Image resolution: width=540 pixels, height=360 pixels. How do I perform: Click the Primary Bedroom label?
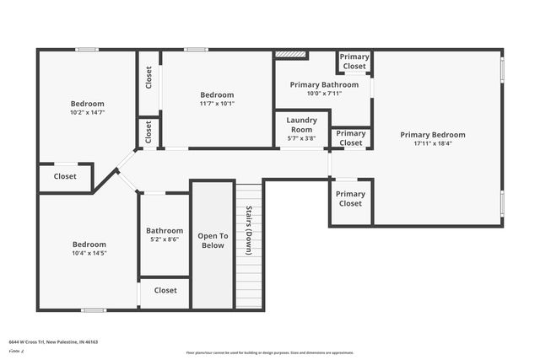432,135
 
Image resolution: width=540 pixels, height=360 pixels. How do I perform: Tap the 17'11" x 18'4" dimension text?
432,144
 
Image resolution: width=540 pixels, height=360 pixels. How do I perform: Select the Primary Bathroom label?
322,85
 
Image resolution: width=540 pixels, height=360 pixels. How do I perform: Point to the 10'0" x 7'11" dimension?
322,94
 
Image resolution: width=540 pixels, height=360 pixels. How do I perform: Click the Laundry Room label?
301,125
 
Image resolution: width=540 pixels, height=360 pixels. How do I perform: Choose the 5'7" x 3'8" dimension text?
301,138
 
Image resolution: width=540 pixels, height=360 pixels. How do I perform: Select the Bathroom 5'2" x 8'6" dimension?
165,239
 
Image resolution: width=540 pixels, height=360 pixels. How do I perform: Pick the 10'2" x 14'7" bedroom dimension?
87,112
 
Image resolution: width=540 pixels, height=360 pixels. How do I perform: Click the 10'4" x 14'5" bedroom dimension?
89,252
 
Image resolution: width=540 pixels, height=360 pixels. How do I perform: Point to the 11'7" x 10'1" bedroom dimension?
217,105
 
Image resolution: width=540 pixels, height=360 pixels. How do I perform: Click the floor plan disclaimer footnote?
270,352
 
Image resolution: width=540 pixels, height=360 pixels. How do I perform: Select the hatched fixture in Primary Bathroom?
292,56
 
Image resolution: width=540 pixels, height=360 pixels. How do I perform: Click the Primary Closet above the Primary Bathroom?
354,62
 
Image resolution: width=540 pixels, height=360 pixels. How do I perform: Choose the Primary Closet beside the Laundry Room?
351,138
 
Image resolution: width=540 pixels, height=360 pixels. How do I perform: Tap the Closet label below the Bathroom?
165,290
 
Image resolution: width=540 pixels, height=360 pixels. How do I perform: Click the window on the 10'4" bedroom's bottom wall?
93,310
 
